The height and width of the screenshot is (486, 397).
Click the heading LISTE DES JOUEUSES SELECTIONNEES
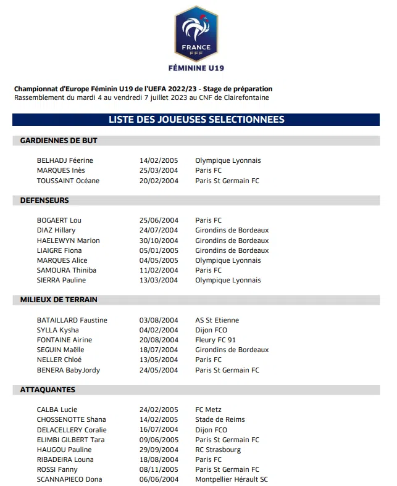coord(196,120)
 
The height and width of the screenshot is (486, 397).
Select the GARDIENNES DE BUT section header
coord(59,141)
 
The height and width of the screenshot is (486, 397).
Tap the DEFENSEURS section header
coord(44,200)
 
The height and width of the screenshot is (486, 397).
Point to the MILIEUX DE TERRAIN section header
coord(59,300)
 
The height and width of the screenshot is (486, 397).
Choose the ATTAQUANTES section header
coord(48,390)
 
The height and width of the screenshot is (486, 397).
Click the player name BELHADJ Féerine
coord(65,160)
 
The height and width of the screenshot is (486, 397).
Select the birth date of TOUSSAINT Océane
coord(159,181)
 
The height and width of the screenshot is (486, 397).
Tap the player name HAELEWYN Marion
coord(68,241)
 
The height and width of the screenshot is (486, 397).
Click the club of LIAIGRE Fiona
coord(232,250)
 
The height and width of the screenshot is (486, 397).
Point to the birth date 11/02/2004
coord(159,270)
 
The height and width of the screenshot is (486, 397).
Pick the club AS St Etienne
coord(217,320)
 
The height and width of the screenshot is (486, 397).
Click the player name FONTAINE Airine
coord(64,340)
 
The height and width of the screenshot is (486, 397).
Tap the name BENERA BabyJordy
coord(68,370)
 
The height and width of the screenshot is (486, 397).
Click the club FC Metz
coord(209,410)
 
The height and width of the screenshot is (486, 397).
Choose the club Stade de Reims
coord(220,419)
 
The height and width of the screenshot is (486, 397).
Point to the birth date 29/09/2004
coord(159,450)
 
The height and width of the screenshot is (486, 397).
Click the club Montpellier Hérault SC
coord(232,479)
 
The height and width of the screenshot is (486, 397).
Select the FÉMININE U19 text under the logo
coord(196,68)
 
